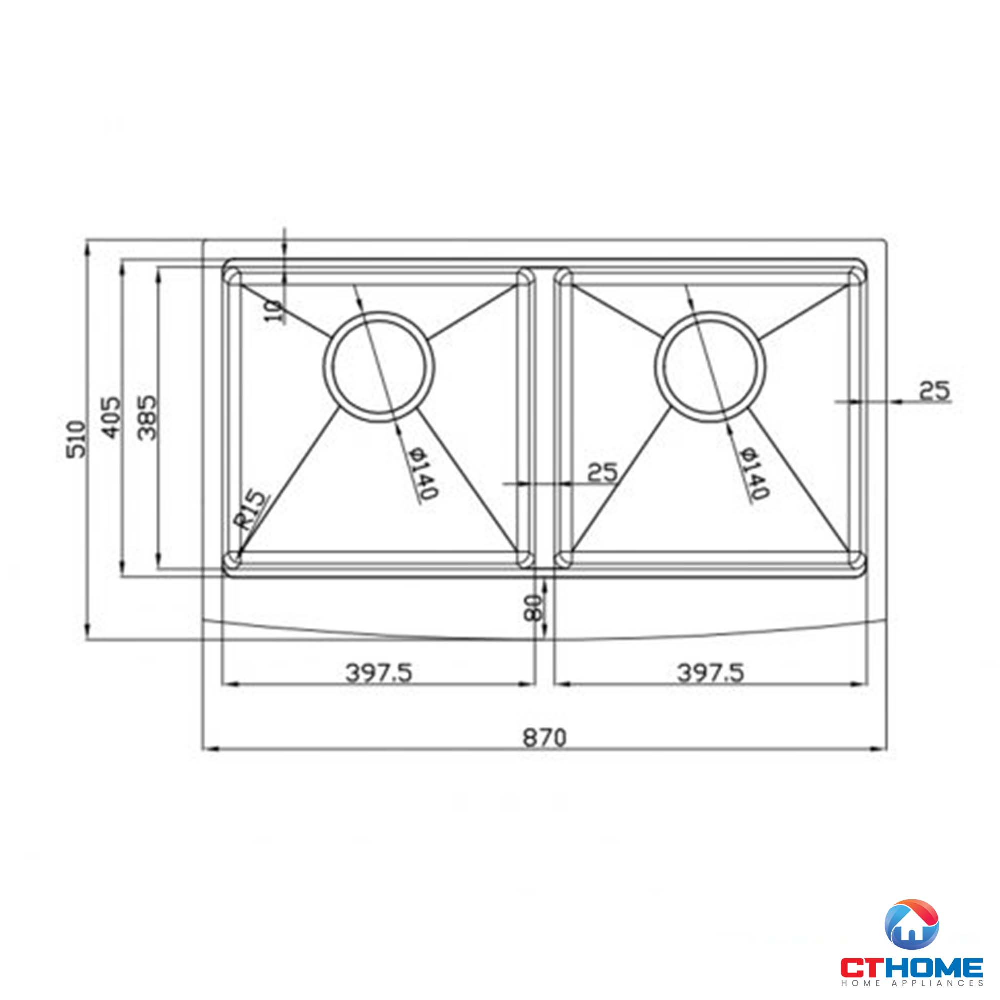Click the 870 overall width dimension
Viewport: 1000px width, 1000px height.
click(544, 737)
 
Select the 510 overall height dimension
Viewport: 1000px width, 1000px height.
click(76, 439)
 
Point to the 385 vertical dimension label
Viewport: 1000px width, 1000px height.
click(148, 417)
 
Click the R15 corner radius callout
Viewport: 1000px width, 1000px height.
click(253, 509)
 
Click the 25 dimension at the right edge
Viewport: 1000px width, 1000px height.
click(935, 391)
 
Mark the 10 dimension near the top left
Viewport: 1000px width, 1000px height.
click(274, 311)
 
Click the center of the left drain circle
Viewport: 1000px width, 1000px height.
click(379, 367)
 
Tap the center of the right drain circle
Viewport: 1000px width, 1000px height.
click(710, 367)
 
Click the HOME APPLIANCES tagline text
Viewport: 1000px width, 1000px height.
click(911, 983)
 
